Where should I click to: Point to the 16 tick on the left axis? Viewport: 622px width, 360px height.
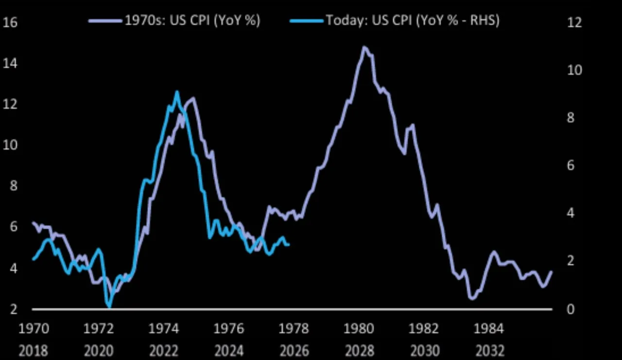(10, 23)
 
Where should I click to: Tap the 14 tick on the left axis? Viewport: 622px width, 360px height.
(10, 64)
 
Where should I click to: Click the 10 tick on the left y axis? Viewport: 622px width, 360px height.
(10, 145)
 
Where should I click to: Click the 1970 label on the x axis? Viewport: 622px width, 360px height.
(34, 329)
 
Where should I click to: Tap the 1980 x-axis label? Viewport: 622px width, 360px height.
(359, 329)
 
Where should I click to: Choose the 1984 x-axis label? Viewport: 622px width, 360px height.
(489, 329)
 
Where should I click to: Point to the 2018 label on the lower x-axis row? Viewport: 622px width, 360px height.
(34, 350)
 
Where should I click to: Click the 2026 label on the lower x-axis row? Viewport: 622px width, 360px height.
(294, 350)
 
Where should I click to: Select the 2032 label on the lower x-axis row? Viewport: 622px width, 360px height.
(489, 350)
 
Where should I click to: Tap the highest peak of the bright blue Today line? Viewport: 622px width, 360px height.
(177, 91)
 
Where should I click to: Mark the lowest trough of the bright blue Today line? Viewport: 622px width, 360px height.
(109, 307)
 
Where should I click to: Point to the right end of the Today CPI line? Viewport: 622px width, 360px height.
(289, 244)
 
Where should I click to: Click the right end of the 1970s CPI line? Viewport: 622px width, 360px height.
(552, 272)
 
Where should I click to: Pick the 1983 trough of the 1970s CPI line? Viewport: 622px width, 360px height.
(471, 298)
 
